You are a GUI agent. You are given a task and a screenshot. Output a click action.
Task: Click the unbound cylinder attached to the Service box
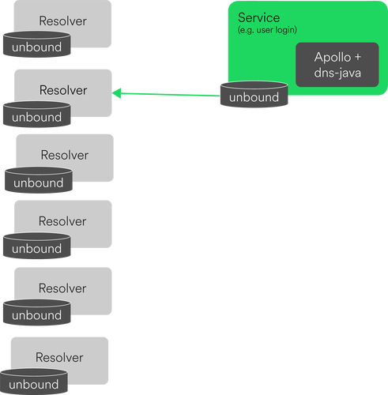click(x=254, y=96)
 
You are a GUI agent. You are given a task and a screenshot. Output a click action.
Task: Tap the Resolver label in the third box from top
click(x=64, y=155)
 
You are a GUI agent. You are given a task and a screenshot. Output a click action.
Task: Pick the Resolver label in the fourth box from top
click(x=62, y=221)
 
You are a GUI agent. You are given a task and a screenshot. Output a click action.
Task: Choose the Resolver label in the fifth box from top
click(x=62, y=288)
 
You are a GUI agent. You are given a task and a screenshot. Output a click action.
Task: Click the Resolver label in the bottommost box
click(x=61, y=356)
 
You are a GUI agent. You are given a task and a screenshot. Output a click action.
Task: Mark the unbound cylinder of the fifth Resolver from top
click(x=36, y=314)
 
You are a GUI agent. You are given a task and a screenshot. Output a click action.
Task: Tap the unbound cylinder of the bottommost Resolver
click(x=34, y=383)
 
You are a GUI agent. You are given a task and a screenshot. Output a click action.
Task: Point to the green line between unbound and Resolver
click(x=170, y=96)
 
